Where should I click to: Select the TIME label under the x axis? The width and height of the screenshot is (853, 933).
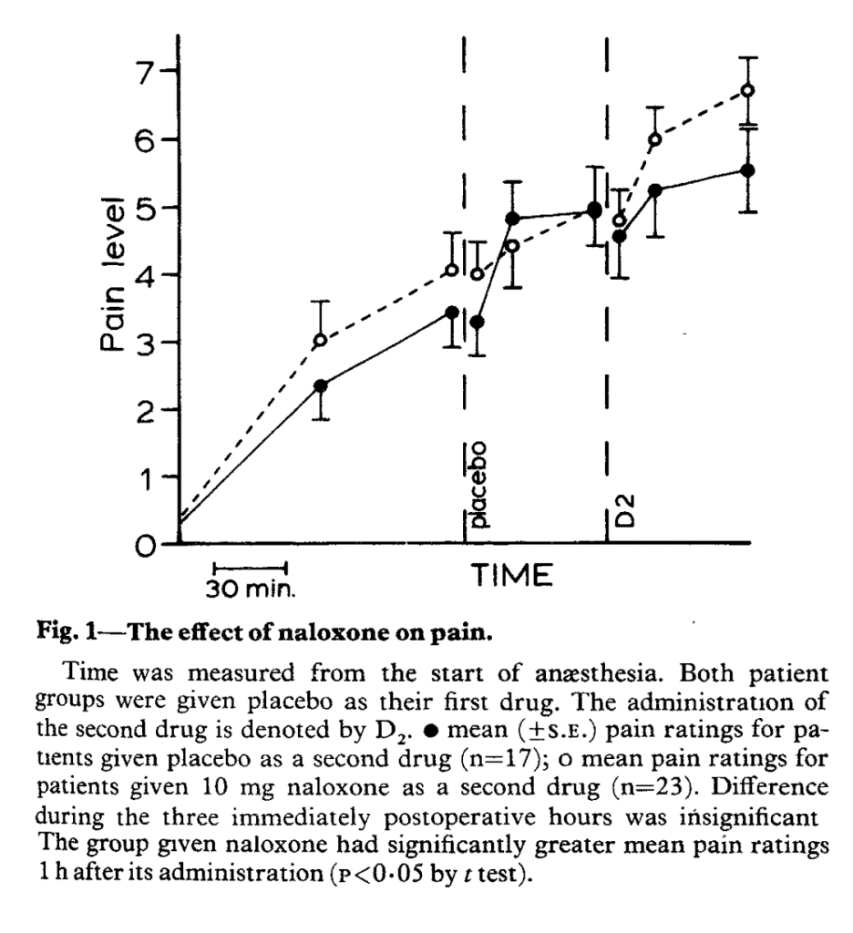(x=512, y=575)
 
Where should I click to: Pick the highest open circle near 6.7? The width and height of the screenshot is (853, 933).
(x=747, y=90)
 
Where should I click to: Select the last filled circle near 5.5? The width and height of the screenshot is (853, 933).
(x=747, y=170)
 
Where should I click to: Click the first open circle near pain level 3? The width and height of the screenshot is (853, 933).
(x=320, y=341)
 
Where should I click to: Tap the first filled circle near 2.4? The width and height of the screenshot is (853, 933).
(x=320, y=385)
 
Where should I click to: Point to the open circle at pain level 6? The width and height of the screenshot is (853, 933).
(x=654, y=139)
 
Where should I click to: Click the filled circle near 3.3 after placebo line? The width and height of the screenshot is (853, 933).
(x=478, y=322)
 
